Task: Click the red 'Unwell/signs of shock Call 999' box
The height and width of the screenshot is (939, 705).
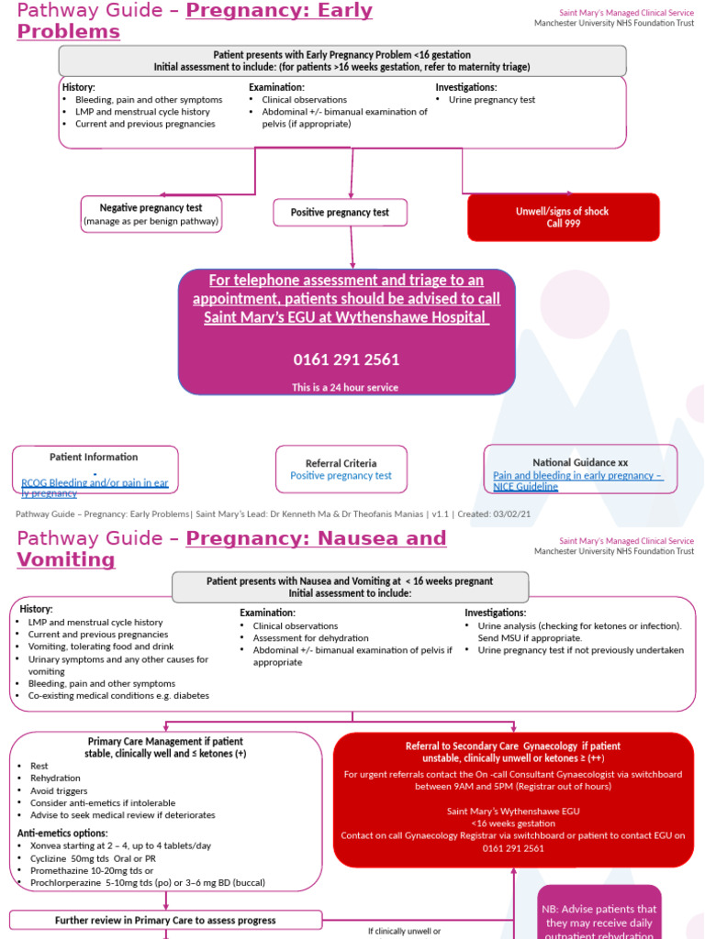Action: (564, 217)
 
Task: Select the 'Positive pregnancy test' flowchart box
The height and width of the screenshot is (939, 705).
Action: (340, 213)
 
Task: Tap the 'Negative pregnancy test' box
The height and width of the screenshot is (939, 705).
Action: (151, 214)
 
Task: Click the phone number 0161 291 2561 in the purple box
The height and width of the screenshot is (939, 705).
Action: (346, 359)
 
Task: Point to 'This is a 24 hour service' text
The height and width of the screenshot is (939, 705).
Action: (345, 388)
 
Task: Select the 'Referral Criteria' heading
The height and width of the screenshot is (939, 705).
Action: (341, 463)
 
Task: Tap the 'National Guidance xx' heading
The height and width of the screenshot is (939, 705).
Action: (580, 462)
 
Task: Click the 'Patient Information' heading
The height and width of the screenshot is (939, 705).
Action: (94, 457)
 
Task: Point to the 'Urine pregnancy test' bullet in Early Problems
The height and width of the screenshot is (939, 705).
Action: (492, 100)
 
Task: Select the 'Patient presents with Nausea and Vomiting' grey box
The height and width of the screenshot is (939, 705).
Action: (350, 587)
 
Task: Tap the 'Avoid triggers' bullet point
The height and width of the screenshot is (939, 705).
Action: (59, 790)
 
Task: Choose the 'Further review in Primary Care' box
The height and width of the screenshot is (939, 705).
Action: (165, 920)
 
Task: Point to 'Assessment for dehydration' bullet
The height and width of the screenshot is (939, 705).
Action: (311, 638)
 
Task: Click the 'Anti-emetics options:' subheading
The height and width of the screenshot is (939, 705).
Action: (62, 833)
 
